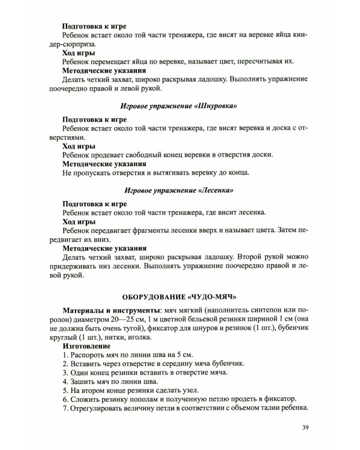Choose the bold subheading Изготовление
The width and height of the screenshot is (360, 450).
pos(86,346)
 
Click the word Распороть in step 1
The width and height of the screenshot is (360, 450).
pos(89,356)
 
